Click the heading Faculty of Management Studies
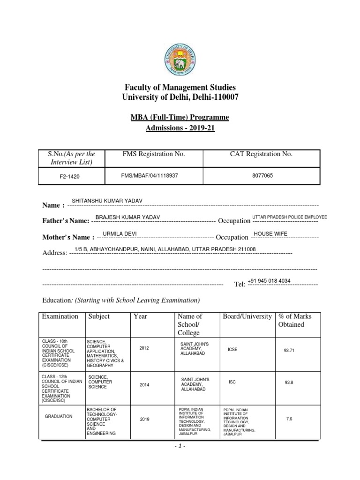180,88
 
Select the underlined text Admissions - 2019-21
180,128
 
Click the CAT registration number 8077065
259,175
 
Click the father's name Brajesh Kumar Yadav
127,217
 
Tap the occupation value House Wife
270,233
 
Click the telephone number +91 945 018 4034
269,280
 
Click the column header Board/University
247,316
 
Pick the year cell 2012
145,348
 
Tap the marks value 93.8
289,382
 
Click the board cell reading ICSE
232,349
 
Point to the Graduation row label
59,416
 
